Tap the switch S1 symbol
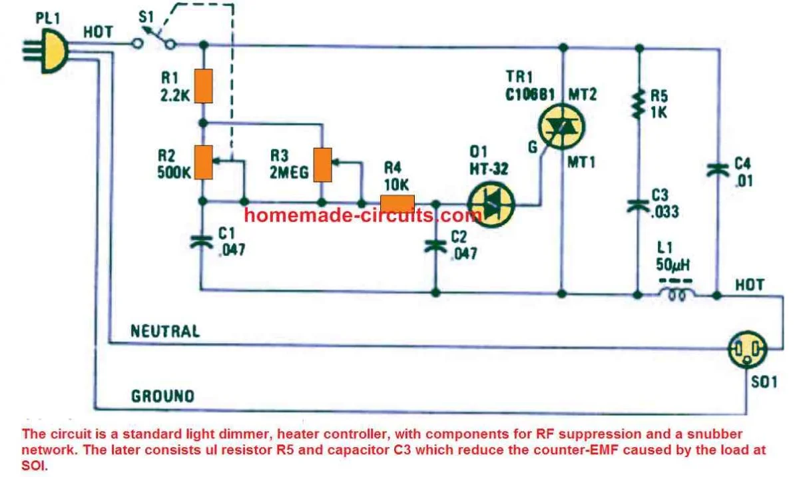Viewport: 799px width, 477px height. coord(154,41)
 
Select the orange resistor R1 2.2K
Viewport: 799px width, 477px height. coord(204,85)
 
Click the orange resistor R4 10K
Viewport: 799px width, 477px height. coord(397,202)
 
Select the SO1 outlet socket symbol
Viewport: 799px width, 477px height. coord(747,347)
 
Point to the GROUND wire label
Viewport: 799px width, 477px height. coord(163,396)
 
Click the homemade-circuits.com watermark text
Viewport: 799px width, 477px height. coord(362,215)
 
